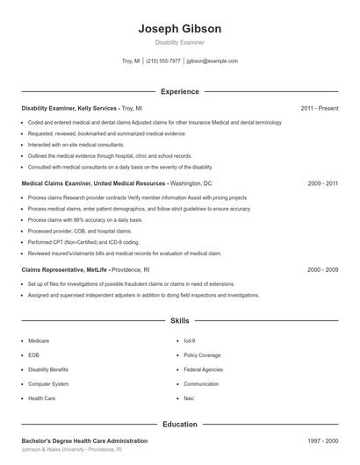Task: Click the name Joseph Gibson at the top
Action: (x=179, y=29)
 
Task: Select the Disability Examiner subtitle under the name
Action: (x=179, y=42)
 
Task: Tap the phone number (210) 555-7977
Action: (x=162, y=61)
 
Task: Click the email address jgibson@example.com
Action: (x=212, y=61)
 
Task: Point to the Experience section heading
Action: (x=179, y=91)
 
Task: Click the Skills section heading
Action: (x=179, y=322)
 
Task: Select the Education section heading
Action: (x=179, y=425)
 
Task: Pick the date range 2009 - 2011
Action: (x=322, y=184)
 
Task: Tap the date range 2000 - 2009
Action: (x=322, y=270)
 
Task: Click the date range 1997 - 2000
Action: (x=322, y=440)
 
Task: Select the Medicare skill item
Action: (x=39, y=340)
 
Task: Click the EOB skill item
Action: (x=33, y=355)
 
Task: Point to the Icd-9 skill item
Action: (x=190, y=340)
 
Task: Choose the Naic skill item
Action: (x=190, y=398)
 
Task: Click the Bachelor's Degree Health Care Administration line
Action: (x=84, y=440)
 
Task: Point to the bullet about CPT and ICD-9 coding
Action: (x=83, y=241)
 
